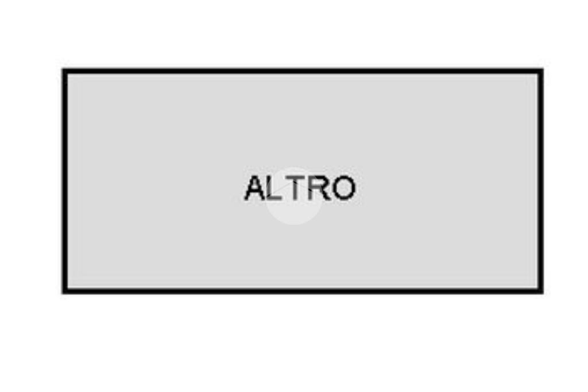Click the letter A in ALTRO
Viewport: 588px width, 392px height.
[x=256, y=189]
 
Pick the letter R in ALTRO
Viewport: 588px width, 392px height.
[x=320, y=189]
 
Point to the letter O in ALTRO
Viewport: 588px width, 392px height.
[x=343, y=189]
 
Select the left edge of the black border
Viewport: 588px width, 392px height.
[x=65, y=181]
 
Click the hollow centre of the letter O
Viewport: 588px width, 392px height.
[x=343, y=189]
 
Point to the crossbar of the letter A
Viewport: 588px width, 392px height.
[x=256, y=193]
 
